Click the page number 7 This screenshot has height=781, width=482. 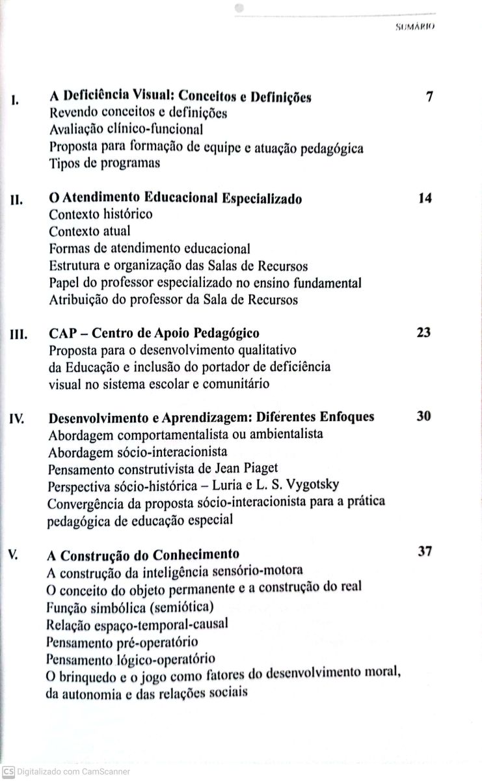(x=429, y=98)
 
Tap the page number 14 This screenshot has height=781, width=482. (x=425, y=198)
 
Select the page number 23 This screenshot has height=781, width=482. (x=423, y=332)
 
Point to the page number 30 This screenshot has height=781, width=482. (x=423, y=416)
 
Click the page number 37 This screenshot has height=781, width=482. (x=425, y=551)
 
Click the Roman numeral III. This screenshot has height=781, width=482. (x=18, y=336)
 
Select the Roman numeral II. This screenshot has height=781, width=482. (x=17, y=202)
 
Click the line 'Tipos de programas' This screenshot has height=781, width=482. (x=104, y=164)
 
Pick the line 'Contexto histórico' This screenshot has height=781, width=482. (x=101, y=214)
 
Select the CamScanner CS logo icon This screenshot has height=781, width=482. (x=7, y=771)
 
